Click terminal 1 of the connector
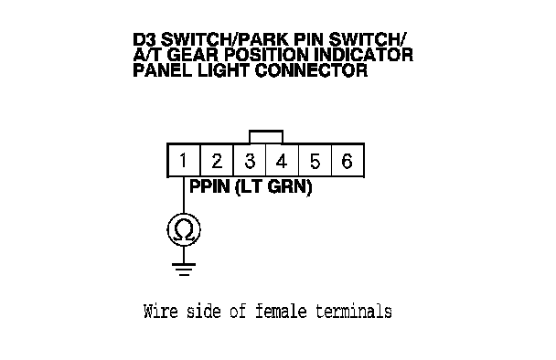pyautogui.click(x=184, y=160)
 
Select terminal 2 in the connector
pyautogui.click(x=217, y=160)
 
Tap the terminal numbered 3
pyautogui.click(x=250, y=160)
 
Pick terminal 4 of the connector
pyautogui.click(x=282, y=160)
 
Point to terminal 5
pyautogui.click(x=315, y=160)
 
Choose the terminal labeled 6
pyautogui.click(x=347, y=160)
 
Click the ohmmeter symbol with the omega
pyautogui.click(x=184, y=230)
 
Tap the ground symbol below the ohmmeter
pyautogui.click(x=184, y=270)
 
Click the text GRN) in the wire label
pyautogui.click(x=290, y=186)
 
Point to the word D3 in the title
pyautogui.click(x=144, y=39)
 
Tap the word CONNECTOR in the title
pyautogui.click(x=311, y=70)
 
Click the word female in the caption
pyautogui.click(x=281, y=311)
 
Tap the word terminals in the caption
pyautogui.click(x=354, y=311)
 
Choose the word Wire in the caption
pyautogui.click(x=161, y=311)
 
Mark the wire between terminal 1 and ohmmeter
pyautogui.click(x=184, y=195)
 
